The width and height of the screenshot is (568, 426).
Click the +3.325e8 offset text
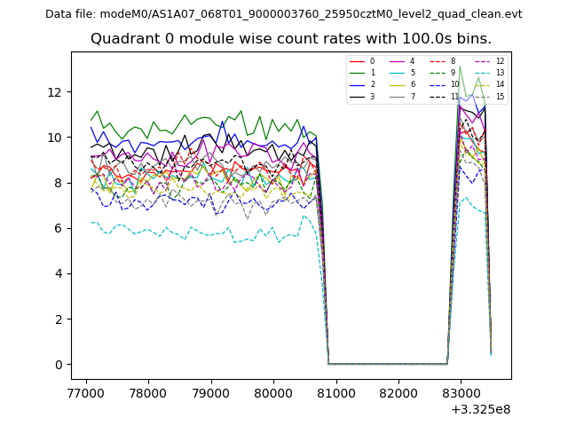(481, 409)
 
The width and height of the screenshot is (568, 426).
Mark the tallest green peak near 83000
(460, 66)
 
